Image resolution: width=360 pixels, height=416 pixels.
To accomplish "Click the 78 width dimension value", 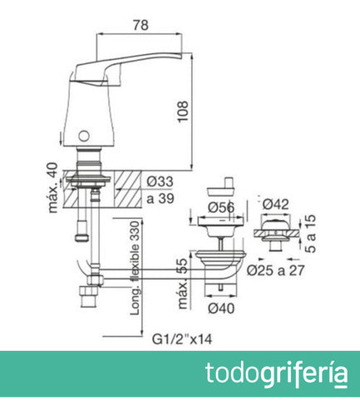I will click(x=141, y=25).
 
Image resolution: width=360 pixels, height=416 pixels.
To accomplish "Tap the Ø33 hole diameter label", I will click(x=159, y=181).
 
